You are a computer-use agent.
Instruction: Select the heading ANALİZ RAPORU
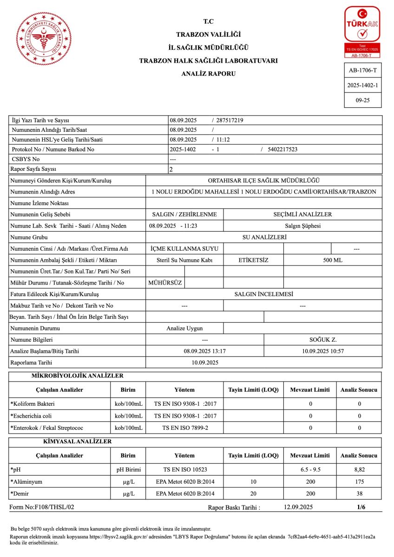click(209, 74)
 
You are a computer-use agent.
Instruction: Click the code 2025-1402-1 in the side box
click(362, 85)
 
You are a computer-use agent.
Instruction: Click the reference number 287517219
click(230, 121)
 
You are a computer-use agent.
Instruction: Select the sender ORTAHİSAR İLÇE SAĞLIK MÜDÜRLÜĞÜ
click(263, 181)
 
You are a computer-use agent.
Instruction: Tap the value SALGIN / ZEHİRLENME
click(184, 214)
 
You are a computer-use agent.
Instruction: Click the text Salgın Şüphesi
click(302, 226)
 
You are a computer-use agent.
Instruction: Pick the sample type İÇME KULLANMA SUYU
click(184, 249)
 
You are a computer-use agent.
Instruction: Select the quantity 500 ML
click(332, 260)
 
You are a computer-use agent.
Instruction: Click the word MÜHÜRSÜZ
click(165, 283)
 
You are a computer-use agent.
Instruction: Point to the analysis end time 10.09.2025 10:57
click(322, 351)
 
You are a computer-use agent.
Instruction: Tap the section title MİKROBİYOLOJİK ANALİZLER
click(77, 376)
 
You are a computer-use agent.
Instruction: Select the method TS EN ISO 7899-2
click(184, 427)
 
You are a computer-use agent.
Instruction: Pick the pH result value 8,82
click(359, 470)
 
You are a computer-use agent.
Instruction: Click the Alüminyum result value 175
click(359, 482)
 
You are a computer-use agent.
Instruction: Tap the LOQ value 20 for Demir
click(253, 493)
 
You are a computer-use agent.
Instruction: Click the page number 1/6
click(361, 507)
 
